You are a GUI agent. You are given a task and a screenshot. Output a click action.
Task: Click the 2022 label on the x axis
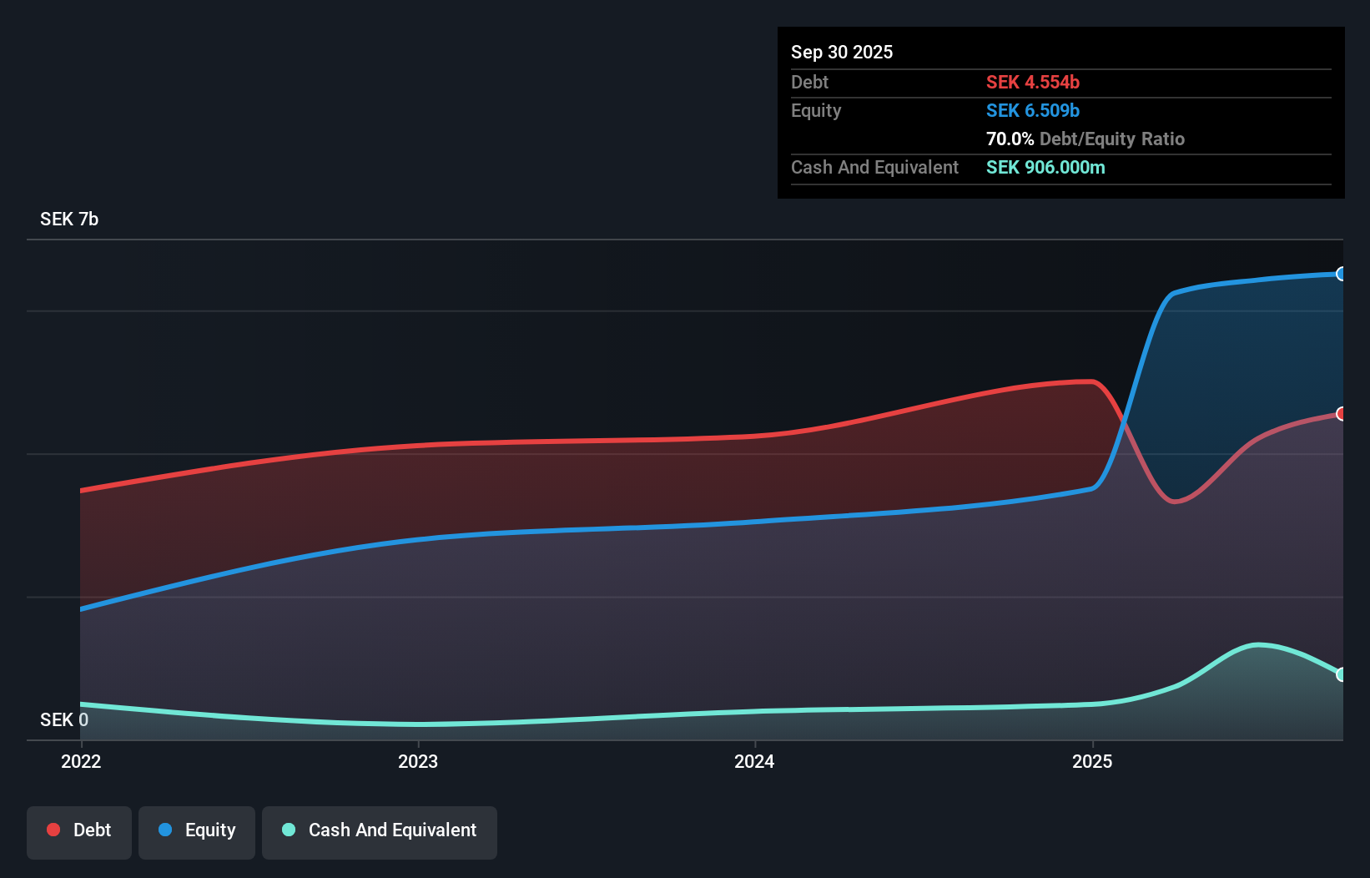[81, 761]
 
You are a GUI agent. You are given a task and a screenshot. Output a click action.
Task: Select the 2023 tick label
[418, 761]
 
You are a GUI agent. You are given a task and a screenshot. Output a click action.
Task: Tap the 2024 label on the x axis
[754, 761]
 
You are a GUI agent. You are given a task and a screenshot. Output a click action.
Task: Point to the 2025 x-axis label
[1092, 761]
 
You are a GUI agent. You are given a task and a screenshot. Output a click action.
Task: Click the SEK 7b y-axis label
[69, 219]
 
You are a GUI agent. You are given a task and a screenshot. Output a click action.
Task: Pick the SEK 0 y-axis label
[64, 719]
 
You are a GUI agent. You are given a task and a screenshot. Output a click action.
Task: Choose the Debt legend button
[79, 830]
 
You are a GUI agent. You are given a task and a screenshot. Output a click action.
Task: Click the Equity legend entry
[197, 830]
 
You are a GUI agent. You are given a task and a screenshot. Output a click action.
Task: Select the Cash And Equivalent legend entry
[380, 830]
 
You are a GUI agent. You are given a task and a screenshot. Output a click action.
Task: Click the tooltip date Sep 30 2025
[842, 52]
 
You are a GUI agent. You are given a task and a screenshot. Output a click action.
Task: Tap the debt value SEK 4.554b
[1033, 82]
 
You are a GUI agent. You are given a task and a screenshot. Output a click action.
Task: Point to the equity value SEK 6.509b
[1033, 110]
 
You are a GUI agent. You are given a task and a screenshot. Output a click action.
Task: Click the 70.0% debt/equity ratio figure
[1010, 139]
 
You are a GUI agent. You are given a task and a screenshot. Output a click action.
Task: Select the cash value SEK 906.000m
[1045, 167]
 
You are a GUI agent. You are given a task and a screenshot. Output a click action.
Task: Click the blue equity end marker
[1341, 274]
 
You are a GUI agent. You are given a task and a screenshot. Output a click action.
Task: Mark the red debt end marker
[1341, 414]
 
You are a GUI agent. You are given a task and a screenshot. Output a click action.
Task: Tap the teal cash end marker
[1341, 674]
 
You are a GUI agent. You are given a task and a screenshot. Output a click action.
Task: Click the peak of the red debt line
[1088, 381]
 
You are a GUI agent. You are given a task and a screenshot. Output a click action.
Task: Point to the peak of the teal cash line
[1258, 644]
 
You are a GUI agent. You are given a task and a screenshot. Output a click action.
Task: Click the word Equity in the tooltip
[816, 110]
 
